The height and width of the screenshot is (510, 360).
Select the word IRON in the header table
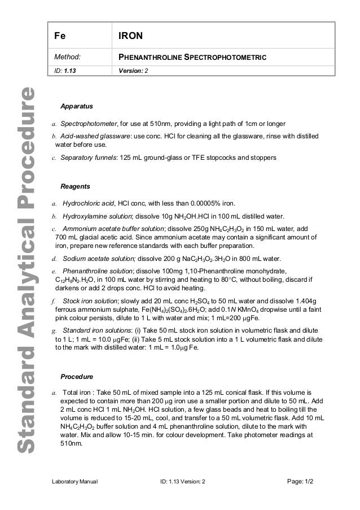(x=130, y=36)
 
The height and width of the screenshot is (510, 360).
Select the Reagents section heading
(x=74, y=186)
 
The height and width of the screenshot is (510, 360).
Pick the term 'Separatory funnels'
(x=87, y=158)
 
